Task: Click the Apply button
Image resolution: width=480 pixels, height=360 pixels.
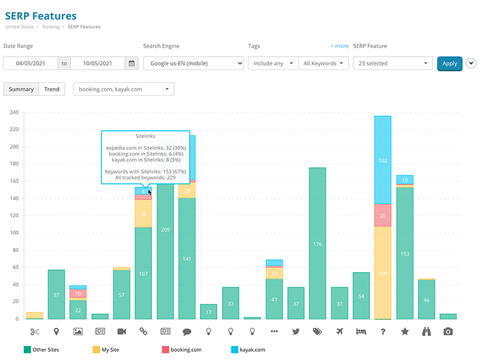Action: (449, 63)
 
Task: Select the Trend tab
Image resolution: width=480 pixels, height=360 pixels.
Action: (51, 89)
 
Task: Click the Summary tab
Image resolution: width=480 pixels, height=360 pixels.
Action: (21, 89)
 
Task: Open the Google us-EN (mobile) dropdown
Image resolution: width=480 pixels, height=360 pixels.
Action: (193, 63)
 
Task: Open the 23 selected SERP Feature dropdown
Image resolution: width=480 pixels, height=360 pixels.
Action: (393, 63)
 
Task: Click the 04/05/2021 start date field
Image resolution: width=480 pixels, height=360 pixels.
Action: (30, 63)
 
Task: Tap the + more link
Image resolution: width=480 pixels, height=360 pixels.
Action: (339, 46)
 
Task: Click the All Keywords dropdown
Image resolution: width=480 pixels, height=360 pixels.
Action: (323, 63)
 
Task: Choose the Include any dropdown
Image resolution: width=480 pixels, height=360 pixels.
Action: (273, 63)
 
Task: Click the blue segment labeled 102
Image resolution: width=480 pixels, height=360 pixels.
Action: (383, 160)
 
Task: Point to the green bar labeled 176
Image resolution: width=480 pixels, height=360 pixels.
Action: (317, 243)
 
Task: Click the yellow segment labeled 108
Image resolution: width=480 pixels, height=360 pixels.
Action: (383, 273)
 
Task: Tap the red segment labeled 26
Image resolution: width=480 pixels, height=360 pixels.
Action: (383, 215)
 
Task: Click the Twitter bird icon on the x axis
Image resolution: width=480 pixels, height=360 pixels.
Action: (296, 331)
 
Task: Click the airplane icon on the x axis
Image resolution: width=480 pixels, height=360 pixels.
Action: (339, 331)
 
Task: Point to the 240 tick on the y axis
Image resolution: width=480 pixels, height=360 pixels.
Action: (13, 112)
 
